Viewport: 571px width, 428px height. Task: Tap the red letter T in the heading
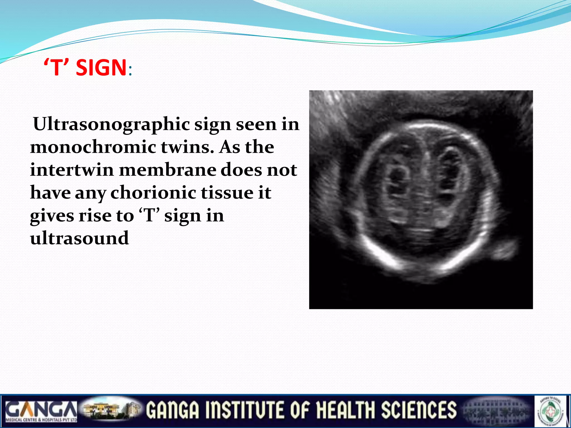coord(56,68)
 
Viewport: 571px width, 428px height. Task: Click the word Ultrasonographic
coord(112,124)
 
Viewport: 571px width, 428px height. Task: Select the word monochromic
coord(93,147)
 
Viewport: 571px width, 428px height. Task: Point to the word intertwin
coord(72,170)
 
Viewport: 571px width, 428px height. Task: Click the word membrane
coord(167,170)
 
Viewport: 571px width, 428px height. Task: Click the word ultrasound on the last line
coord(79,239)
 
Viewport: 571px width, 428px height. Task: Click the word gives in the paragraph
coord(52,216)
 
